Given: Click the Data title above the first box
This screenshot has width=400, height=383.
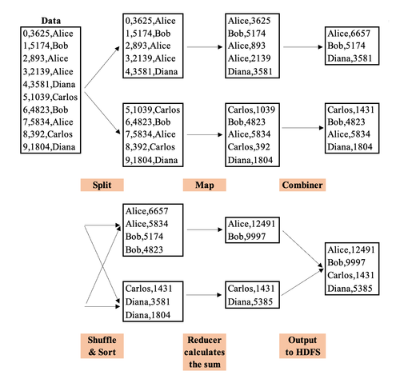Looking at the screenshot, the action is pyautogui.click(x=51, y=21).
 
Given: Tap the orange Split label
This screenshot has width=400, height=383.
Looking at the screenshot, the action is pyautogui.click(x=102, y=185).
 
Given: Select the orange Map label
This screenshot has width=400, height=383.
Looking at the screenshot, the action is pyautogui.click(x=204, y=185).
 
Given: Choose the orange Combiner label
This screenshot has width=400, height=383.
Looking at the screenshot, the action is pyautogui.click(x=302, y=185).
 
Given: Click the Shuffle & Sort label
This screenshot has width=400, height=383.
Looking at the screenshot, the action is pyautogui.click(x=102, y=346).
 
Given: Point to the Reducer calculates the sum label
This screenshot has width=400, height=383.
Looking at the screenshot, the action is pyautogui.click(x=204, y=352).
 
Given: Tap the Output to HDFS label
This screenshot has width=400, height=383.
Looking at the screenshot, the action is pyautogui.click(x=302, y=346).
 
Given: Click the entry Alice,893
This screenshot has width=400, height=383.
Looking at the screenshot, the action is pyautogui.click(x=246, y=46).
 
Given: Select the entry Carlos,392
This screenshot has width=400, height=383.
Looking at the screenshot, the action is pyautogui.click(x=249, y=147).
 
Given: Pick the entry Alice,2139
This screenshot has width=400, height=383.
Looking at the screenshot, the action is pyautogui.click(x=249, y=58).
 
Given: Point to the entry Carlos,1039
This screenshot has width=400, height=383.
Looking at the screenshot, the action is pyautogui.click(x=251, y=110).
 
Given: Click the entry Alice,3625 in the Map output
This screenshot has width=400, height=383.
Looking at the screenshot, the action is pyautogui.click(x=249, y=21).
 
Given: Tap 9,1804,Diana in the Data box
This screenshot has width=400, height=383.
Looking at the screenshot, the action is pyautogui.click(x=49, y=147).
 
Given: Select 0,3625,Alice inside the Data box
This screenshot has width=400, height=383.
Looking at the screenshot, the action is pyautogui.click(x=48, y=34).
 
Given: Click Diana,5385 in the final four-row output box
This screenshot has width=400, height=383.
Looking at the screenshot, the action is pyautogui.click(x=350, y=289).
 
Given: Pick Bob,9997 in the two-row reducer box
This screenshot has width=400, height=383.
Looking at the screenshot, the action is pyautogui.click(x=246, y=237).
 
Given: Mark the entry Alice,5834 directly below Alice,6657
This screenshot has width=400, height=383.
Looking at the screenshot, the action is pyautogui.click(x=146, y=224).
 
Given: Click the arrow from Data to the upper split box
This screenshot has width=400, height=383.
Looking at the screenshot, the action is pyautogui.click(x=102, y=67).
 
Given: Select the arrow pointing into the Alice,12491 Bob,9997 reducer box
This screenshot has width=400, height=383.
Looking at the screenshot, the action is pyautogui.click(x=205, y=229).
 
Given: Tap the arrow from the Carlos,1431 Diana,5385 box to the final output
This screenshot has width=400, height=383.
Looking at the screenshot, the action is pyautogui.click(x=302, y=282).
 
